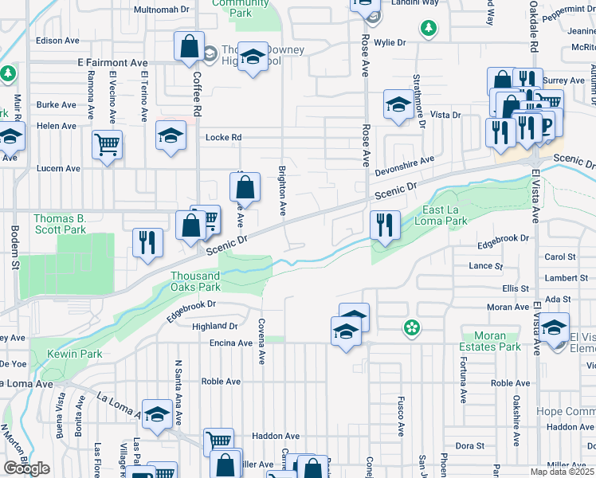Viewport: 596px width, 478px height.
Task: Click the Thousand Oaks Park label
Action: click(195, 281)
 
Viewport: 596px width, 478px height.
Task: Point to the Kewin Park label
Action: click(74, 353)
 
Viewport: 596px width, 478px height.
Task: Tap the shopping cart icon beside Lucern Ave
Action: click(107, 145)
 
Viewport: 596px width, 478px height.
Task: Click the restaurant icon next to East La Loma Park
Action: click(385, 223)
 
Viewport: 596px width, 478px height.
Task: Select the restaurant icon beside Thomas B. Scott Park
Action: click(147, 242)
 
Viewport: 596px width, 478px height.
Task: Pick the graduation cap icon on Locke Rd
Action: click(171, 135)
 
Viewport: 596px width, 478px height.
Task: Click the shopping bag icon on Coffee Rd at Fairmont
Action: click(190, 46)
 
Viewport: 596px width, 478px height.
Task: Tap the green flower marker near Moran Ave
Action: click(411, 327)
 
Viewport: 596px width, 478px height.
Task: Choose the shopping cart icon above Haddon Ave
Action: click(218, 441)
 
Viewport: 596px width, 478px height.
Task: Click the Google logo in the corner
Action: click(26, 468)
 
